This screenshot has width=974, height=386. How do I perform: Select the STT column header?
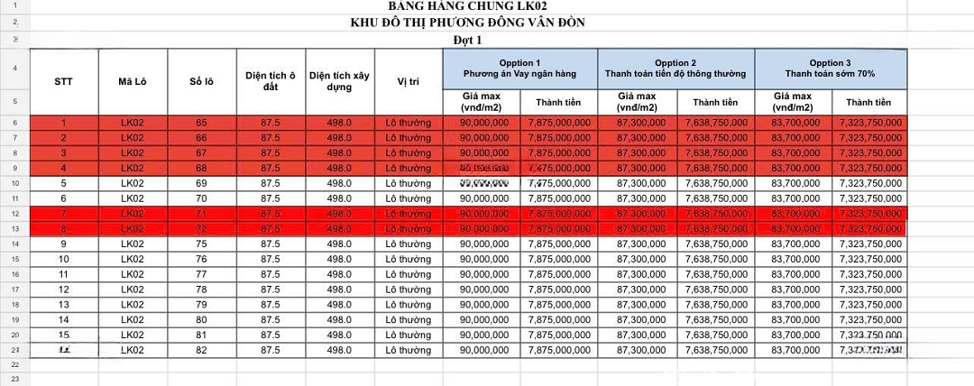[x=63, y=81]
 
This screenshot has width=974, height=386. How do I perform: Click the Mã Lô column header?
[x=133, y=81]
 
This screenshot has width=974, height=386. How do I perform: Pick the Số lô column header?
[x=200, y=81]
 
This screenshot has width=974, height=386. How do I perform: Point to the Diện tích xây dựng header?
[x=339, y=81]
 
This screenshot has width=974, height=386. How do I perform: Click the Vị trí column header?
[x=408, y=81]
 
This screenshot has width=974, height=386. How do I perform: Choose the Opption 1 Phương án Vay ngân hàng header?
[x=519, y=68]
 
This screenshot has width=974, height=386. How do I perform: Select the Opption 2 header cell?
[x=675, y=68]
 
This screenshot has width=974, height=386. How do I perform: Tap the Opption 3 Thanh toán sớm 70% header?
[x=830, y=68]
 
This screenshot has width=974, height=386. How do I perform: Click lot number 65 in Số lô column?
[x=200, y=123]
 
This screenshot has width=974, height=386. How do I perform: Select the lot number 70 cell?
[x=200, y=198]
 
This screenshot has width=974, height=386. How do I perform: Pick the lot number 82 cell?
[x=200, y=350]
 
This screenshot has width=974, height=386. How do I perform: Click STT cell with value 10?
[x=63, y=260]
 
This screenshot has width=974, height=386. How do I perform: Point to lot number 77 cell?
[x=200, y=274]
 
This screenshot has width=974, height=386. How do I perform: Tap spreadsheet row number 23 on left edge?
[x=14, y=379]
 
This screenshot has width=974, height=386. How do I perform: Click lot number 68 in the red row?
[x=200, y=168]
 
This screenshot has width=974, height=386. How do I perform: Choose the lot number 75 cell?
[x=200, y=244]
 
